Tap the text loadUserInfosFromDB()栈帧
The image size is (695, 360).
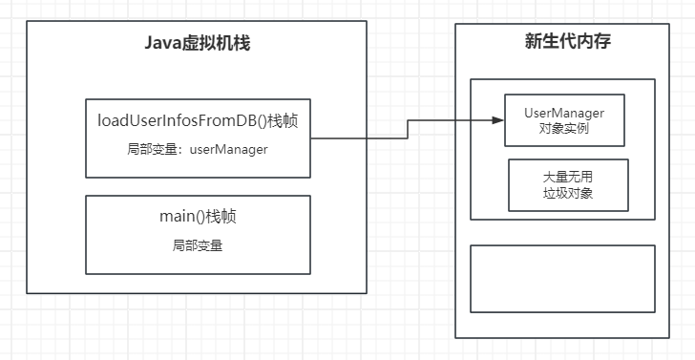coord(198,120)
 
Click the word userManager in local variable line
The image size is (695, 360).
coord(229,149)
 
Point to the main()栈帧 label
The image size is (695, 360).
coord(198,217)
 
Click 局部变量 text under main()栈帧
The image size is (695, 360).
coord(198,245)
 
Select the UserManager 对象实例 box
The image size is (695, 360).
coord(564,120)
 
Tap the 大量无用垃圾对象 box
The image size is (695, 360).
coord(568,184)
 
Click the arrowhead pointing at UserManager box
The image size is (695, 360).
coord(498,120)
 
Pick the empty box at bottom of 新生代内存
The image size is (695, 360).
coord(563,279)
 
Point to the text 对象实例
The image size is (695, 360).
coord(564,128)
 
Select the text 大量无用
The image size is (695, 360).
coord(568,178)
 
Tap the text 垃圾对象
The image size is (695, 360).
coord(568,192)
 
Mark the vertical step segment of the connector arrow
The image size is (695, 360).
coord(408,129)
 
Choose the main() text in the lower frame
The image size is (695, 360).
coord(182,217)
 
